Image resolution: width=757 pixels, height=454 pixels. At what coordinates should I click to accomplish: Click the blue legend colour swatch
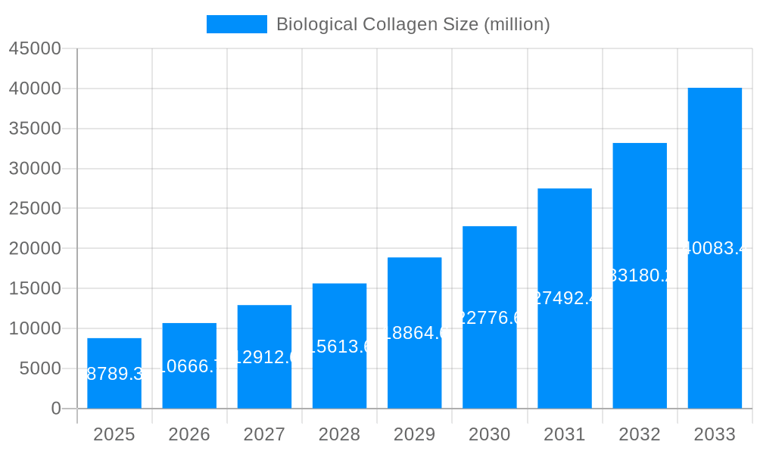click(x=236, y=24)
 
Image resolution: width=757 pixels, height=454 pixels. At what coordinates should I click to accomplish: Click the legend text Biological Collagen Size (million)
click(x=413, y=24)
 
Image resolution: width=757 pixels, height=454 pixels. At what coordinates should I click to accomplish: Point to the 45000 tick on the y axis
click(x=35, y=48)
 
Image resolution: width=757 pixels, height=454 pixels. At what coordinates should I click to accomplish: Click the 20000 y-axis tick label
click(x=35, y=248)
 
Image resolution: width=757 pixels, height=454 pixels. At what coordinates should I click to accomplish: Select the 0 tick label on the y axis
click(x=56, y=409)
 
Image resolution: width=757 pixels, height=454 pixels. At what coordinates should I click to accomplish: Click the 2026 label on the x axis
click(x=189, y=434)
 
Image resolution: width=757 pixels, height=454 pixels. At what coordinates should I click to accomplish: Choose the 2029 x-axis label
click(x=414, y=434)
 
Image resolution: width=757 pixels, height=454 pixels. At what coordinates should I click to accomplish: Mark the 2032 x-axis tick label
click(x=640, y=434)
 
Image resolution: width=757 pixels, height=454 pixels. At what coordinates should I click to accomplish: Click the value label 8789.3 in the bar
click(x=114, y=374)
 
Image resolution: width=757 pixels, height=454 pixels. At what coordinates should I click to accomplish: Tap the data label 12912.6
click(x=264, y=357)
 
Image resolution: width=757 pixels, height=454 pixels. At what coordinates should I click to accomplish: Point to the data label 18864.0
click(x=414, y=333)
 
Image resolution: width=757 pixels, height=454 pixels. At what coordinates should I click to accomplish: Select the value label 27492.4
click(x=565, y=298)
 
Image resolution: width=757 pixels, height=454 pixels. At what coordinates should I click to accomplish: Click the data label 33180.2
click(x=640, y=275)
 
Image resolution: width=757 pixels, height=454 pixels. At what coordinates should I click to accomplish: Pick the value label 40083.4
click(x=715, y=248)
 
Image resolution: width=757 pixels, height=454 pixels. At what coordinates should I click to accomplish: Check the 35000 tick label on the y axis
click(x=35, y=129)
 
